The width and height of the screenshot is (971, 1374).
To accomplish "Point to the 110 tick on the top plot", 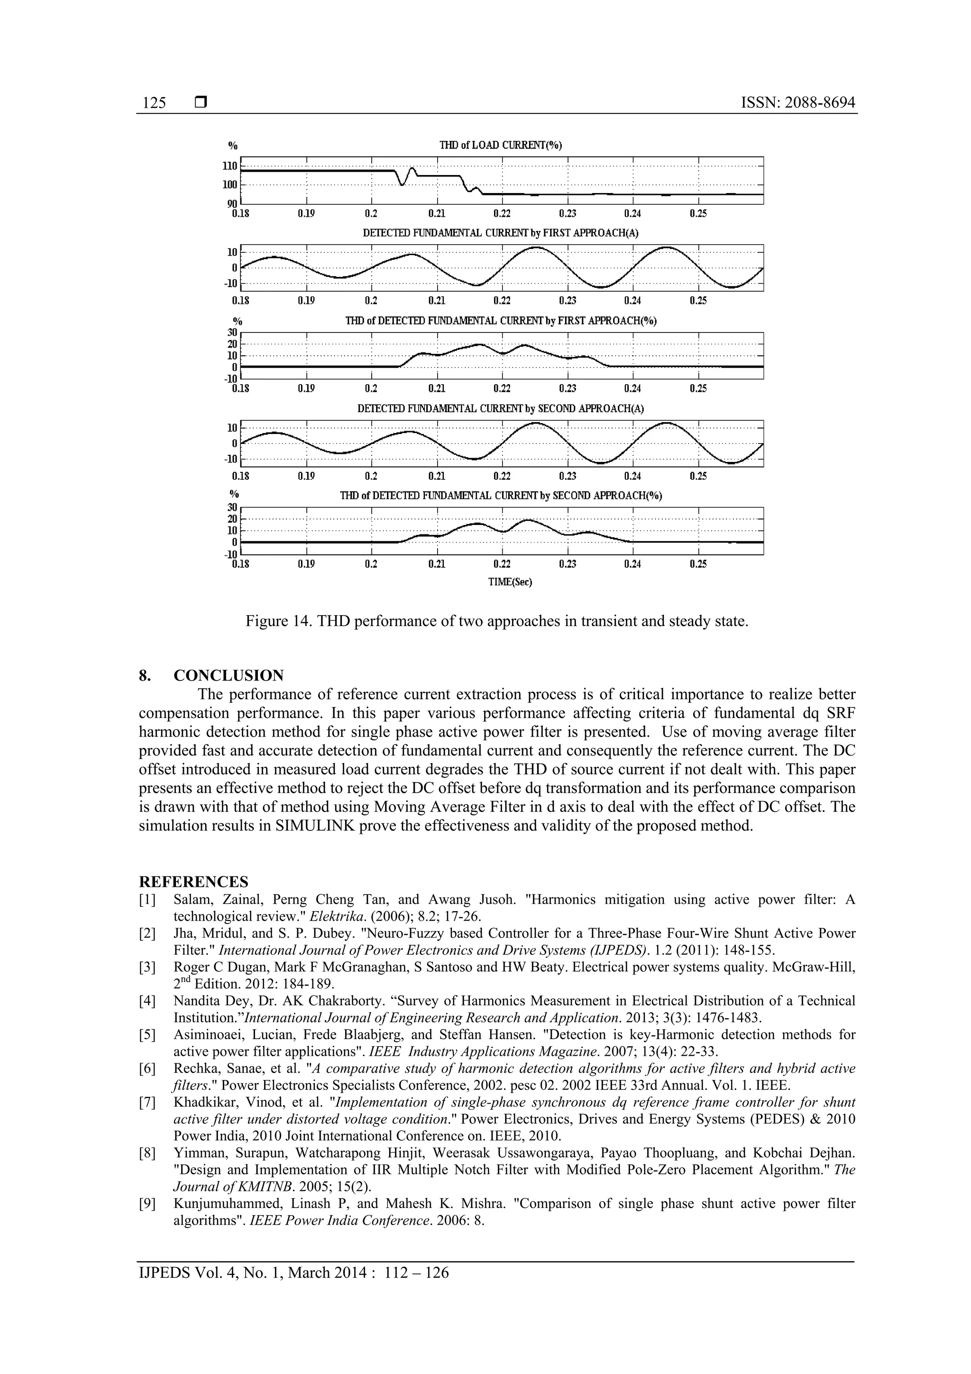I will [x=230, y=166].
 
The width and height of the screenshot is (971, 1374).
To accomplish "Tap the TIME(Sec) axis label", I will [x=510, y=581].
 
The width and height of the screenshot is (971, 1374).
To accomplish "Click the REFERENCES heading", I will [x=193, y=882].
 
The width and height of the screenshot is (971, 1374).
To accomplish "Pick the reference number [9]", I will [x=147, y=1203].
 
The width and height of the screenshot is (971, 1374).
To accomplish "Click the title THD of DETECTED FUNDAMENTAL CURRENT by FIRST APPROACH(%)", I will [x=501, y=321].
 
